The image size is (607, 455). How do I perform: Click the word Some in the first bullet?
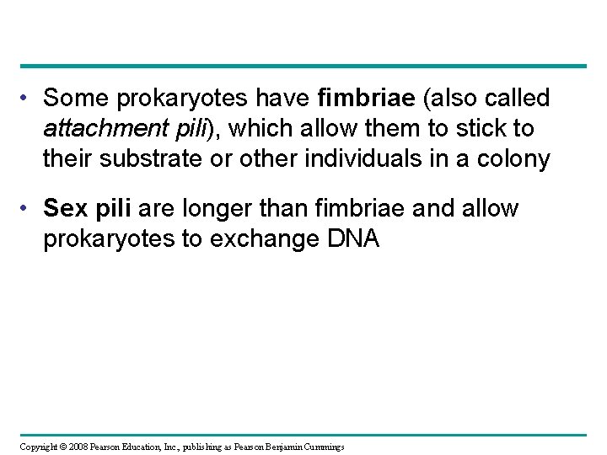pos(72,99)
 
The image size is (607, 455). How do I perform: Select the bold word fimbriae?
pos(368,99)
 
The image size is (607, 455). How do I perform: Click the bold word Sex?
pos(63,207)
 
